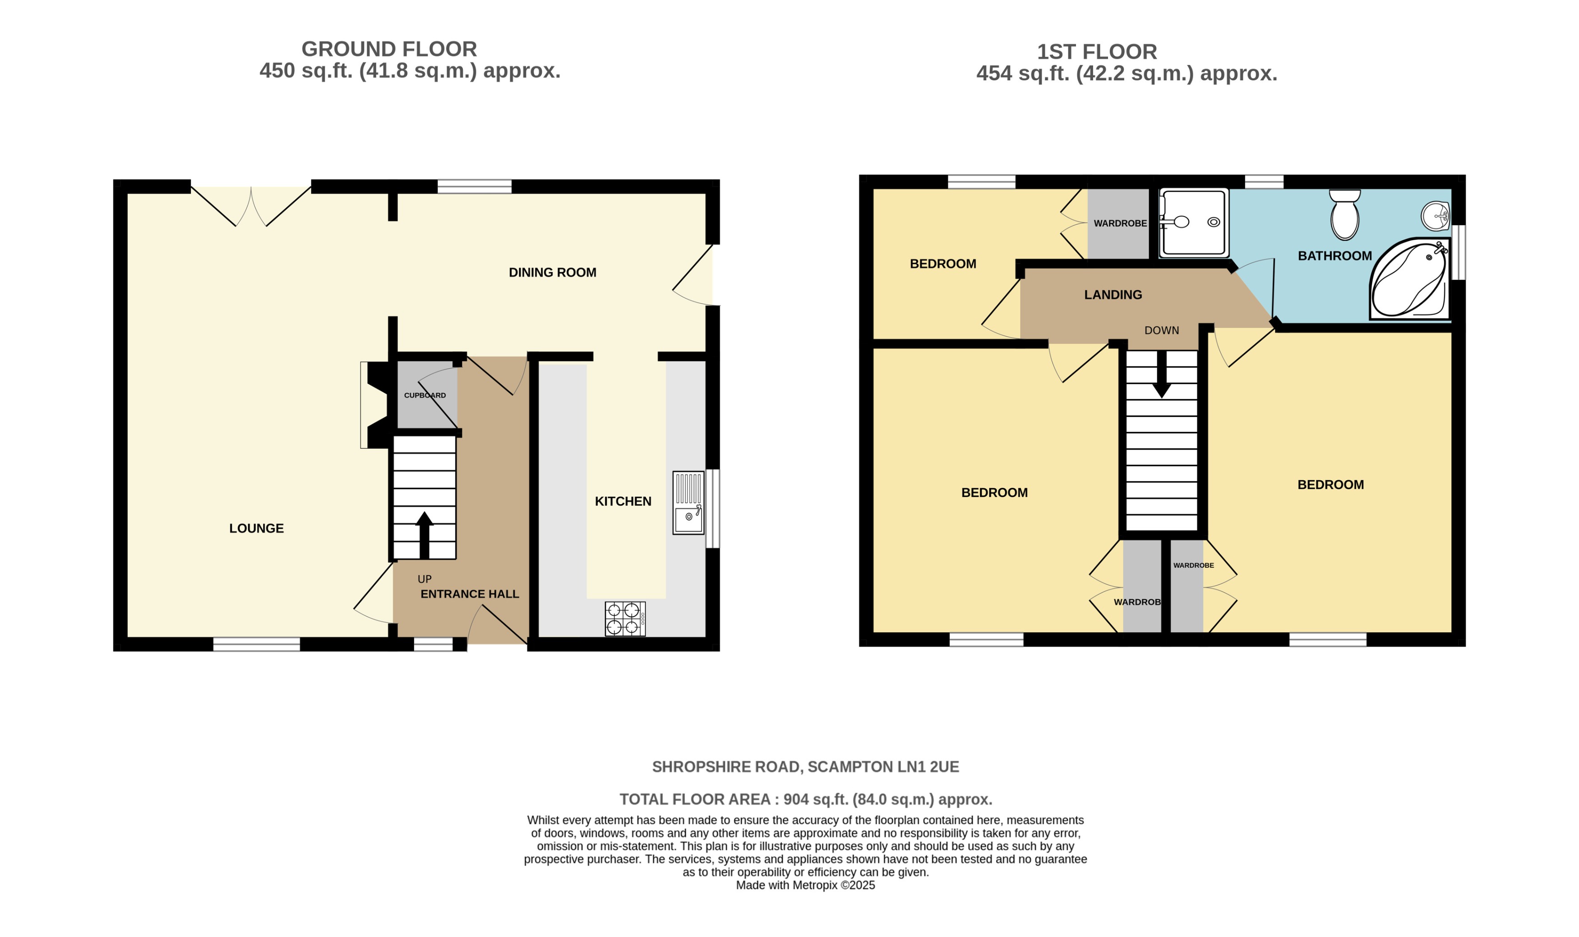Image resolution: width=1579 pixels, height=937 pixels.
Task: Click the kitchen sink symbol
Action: pos(688,503)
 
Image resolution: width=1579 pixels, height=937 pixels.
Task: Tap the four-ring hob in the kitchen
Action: pos(625,618)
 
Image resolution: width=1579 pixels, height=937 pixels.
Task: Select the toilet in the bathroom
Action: pos(1344,215)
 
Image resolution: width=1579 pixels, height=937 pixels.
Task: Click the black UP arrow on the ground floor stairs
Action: pos(424,534)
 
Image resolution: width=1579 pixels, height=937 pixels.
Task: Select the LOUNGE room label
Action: pos(256,529)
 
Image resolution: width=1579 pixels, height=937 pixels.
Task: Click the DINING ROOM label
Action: pos(552,273)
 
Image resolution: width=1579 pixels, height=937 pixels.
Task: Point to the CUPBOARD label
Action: pos(425,395)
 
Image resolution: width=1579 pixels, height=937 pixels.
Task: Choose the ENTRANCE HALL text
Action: pos(470,594)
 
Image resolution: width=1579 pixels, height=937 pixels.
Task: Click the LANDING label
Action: pos(1113,295)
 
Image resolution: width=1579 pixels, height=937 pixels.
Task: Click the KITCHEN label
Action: pos(623,501)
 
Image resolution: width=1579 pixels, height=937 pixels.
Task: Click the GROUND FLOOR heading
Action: pos(389,49)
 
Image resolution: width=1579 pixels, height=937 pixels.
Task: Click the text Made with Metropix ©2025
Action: pos(805,885)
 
